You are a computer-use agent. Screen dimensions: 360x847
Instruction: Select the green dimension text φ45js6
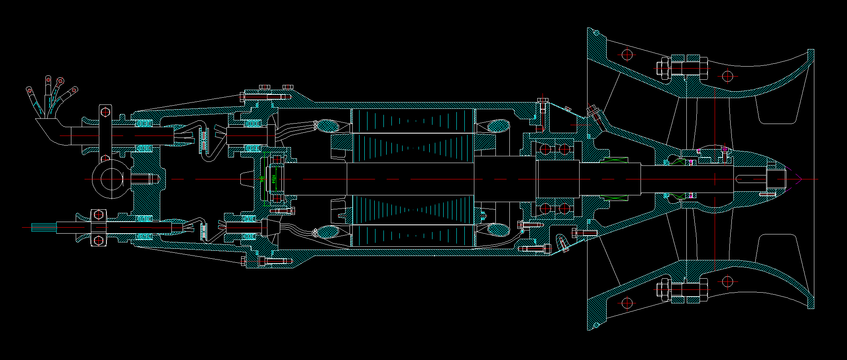coord(273,179)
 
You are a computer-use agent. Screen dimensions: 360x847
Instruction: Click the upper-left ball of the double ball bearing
coord(544,150)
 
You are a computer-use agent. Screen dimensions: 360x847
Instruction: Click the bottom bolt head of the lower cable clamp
coord(98,240)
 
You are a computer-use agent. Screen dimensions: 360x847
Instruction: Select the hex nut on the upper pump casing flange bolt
coord(662,68)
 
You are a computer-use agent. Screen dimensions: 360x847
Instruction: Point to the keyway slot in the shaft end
coord(749,179)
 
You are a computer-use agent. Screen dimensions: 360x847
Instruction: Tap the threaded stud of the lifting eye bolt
coord(142,179)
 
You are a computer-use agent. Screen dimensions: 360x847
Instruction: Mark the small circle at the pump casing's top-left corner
coord(596,32)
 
